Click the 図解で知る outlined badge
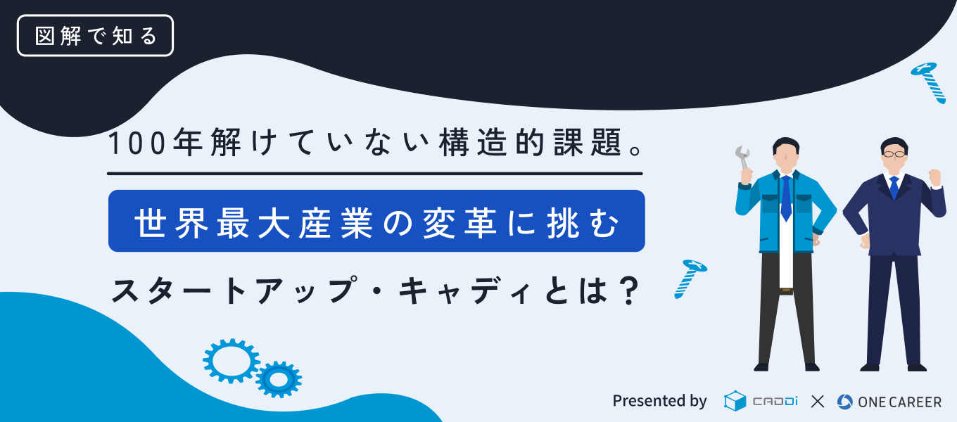point(95,35)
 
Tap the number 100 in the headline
point(137,143)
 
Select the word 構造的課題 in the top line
point(530,143)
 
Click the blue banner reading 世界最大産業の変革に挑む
point(376,221)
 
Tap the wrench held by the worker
point(743,158)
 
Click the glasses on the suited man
point(894,154)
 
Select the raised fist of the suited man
point(935,178)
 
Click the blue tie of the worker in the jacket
point(786,198)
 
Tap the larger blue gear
point(231,361)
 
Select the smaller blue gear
point(279,379)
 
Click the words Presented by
point(659,401)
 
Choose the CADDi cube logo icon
point(735,401)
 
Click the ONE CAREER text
point(899,402)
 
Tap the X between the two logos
point(817,402)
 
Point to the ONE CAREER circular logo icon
point(844,402)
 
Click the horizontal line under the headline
point(374,174)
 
